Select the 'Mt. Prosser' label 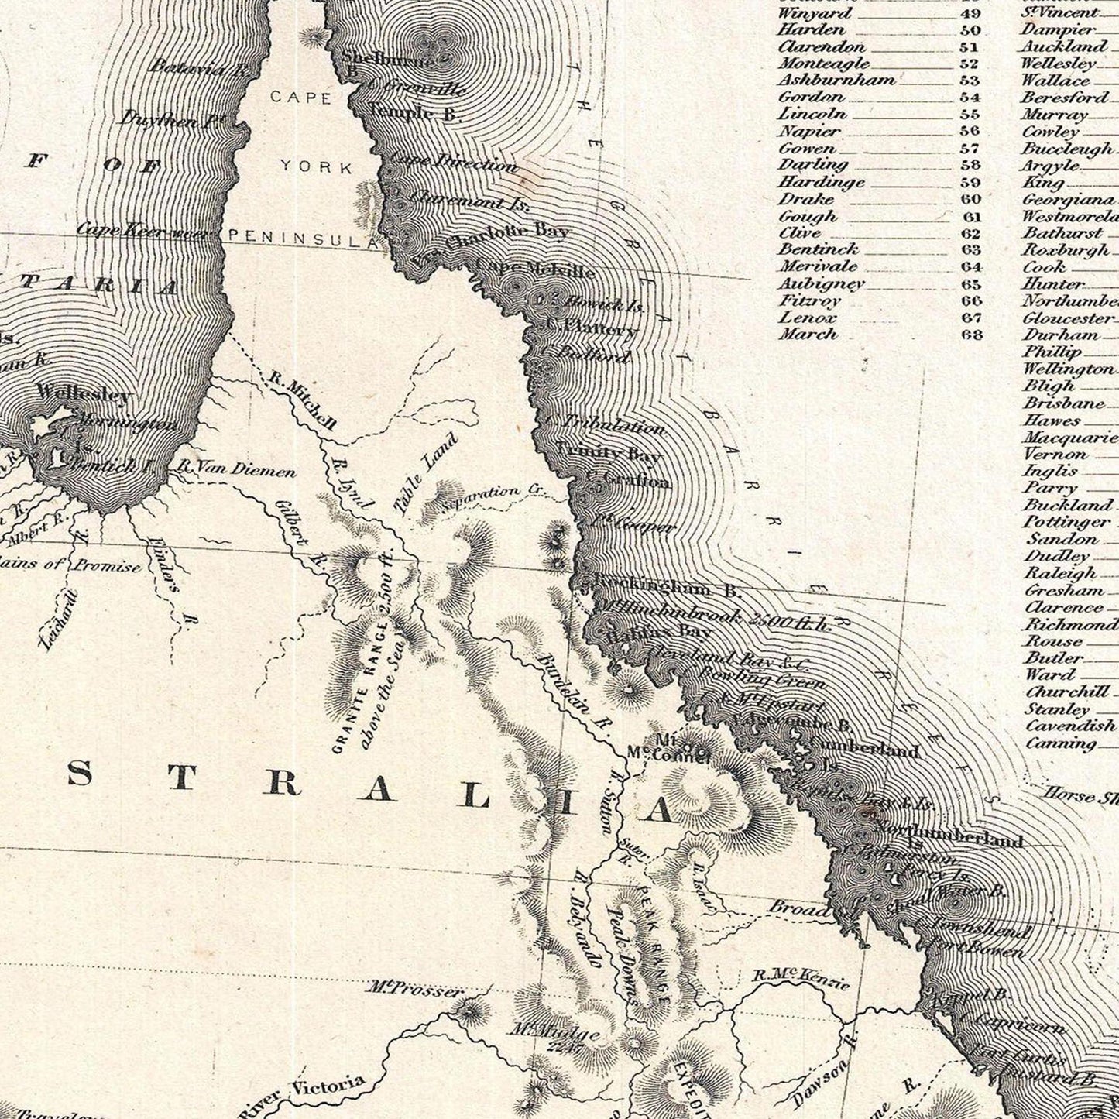[416, 989]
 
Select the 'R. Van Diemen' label [235, 468]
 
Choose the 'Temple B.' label [414, 113]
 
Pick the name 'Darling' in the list [802, 165]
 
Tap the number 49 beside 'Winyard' [971, 13]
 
